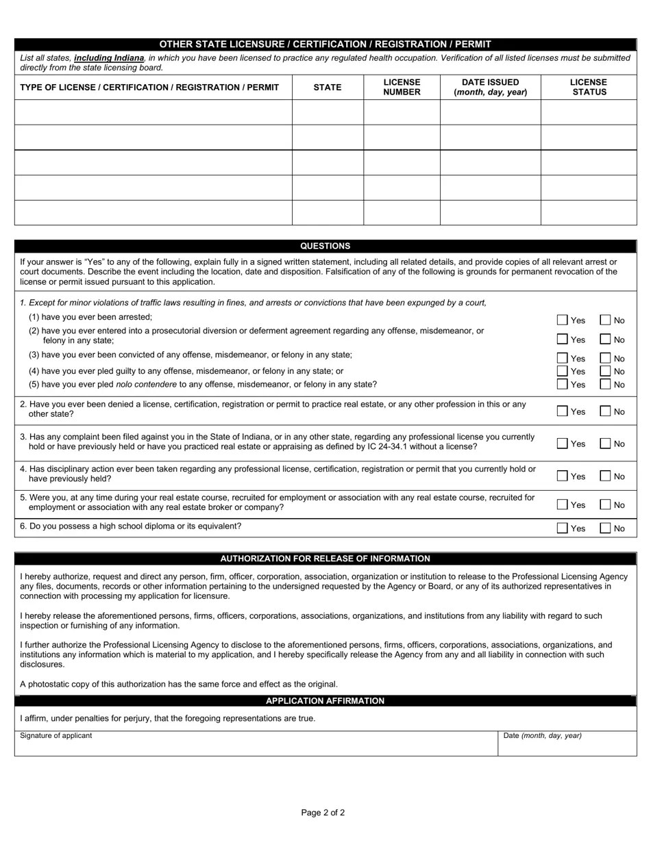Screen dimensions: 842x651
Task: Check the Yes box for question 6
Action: click(x=563, y=528)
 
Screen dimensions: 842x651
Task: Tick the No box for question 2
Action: click(x=605, y=411)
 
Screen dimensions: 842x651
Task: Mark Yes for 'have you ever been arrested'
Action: click(x=563, y=320)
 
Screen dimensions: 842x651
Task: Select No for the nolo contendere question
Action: click(x=605, y=384)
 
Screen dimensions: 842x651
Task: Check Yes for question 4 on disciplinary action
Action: click(x=563, y=476)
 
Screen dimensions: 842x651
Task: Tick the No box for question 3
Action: click(x=605, y=443)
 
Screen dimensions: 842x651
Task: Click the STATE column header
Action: click(x=328, y=87)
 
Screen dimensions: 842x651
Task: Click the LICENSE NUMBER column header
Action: click(x=402, y=87)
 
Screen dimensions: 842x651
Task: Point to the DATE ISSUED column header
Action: click(x=490, y=87)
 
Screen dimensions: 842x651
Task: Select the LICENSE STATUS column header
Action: click(x=589, y=87)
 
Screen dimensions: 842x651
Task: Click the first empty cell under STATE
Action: click(x=328, y=112)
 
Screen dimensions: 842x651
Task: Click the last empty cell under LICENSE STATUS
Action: click(x=589, y=212)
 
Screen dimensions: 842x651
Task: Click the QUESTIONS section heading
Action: click(x=325, y=246)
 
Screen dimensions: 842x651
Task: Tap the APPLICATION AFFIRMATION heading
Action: click(x=325, y=701)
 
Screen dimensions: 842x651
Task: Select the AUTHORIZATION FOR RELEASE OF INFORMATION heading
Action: click(x=325, y=559)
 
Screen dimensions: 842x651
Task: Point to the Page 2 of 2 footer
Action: click(x=323, y=813)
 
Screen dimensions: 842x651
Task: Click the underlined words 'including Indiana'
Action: click(x=109, y=58)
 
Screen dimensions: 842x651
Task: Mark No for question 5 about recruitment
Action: click(x=605, y=505)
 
